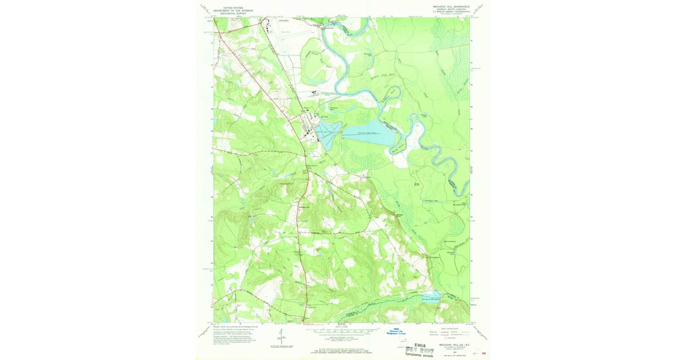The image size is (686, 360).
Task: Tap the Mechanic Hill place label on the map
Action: click(304, 207)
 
